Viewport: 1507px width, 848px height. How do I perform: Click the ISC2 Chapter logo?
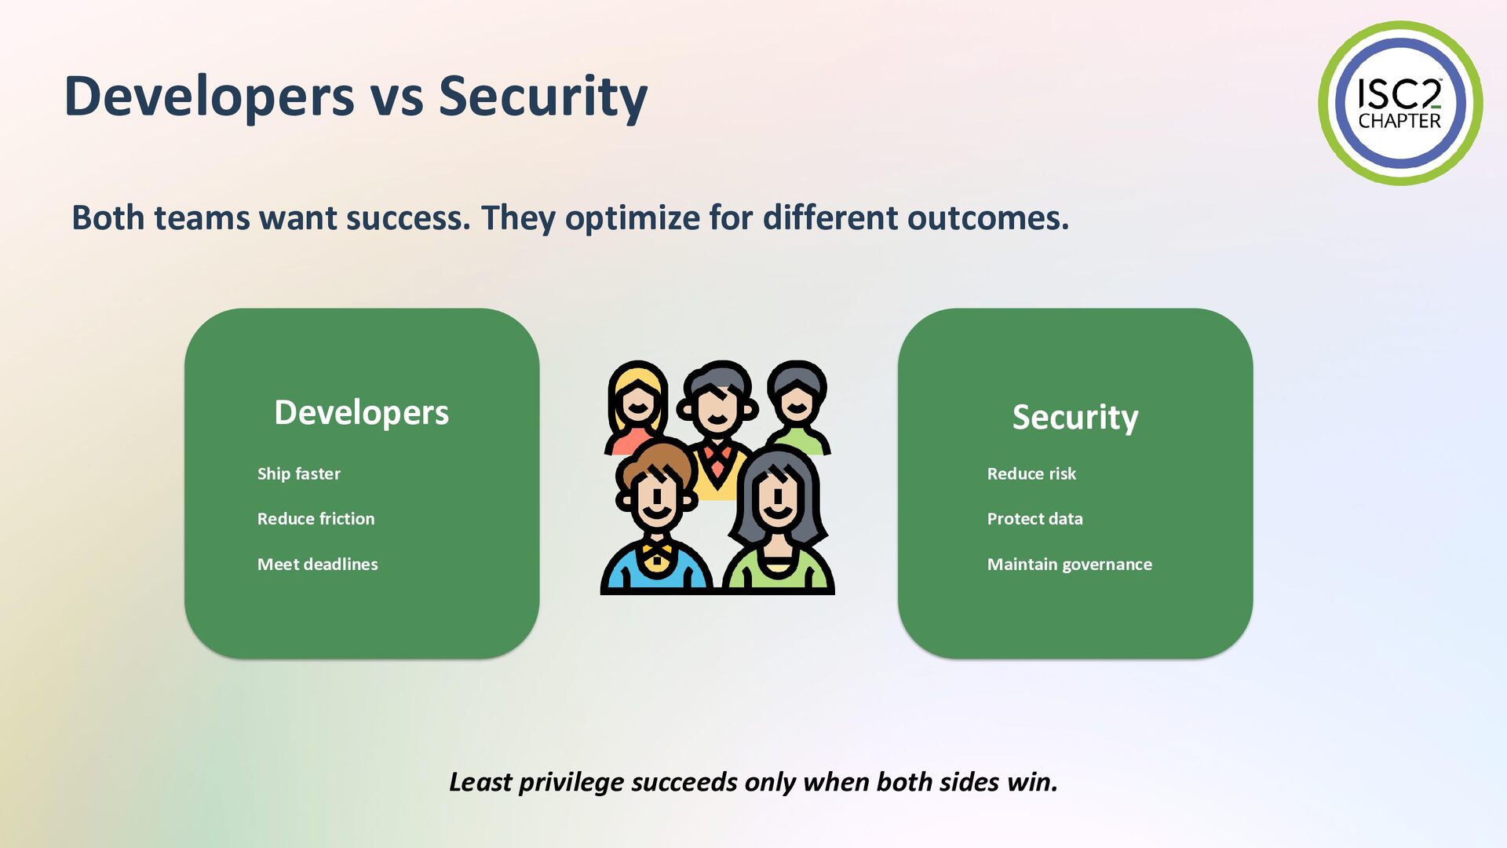point(1400,103)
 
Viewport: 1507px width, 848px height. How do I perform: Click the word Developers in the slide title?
point(210,97)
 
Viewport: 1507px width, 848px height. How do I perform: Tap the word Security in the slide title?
point(543,97)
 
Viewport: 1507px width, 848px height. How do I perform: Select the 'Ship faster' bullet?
point(299,473)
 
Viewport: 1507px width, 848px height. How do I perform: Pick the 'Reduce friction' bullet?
point(316,518)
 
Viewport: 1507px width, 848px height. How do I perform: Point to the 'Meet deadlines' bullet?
point(318,564)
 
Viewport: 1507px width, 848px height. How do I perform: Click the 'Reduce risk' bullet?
point(1031,473)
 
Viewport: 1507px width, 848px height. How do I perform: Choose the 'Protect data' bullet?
point(1035,518)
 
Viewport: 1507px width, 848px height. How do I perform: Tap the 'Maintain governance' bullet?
point(1070,564)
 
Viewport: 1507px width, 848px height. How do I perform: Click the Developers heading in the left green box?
point(362,413)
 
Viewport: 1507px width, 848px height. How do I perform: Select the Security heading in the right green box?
point(1075,417)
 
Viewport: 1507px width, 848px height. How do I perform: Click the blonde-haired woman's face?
point(637,405)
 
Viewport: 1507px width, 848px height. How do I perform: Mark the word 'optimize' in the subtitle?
point(632,218)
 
